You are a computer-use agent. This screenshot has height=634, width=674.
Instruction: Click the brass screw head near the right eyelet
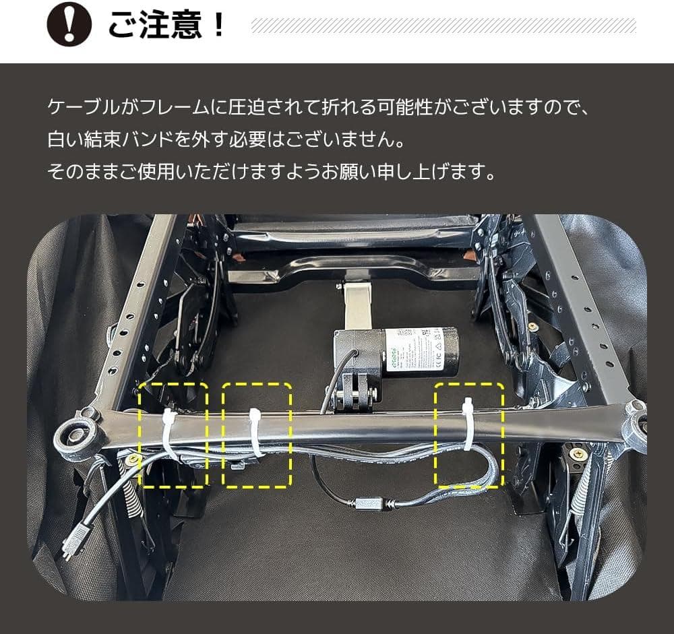point(577,453)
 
